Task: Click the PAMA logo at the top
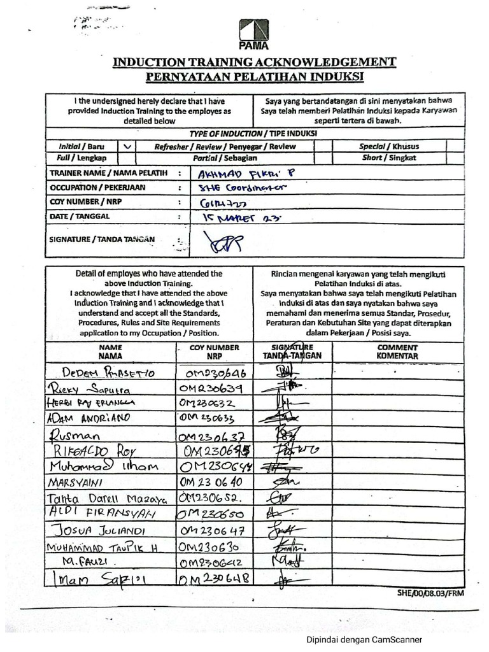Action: (x=254, y=34)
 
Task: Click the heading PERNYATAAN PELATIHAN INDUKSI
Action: (x=254, y=77)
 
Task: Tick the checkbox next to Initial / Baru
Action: (x=128, y=146)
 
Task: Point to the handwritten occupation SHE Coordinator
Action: (x=242, y=188)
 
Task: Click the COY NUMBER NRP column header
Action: (x=214, y=352)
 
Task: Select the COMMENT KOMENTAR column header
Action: (x=397, y=352)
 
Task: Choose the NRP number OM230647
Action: (x=213, y=530)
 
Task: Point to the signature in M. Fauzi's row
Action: (x=290, y=560)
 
